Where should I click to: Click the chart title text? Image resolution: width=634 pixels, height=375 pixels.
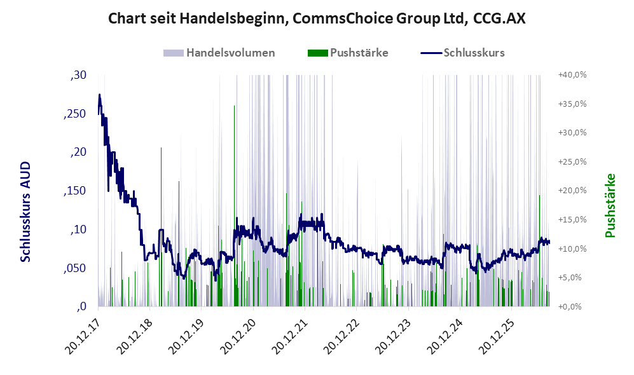[x=317, y=18]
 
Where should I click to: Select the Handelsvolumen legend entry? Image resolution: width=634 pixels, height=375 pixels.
[x=219, y=53]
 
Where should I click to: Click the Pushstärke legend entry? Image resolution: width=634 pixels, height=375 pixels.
[x=348, y=53]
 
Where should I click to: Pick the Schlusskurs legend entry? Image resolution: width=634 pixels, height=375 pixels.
[x=462, y=53]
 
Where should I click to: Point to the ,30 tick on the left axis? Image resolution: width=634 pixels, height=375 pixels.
[x=78, y=75]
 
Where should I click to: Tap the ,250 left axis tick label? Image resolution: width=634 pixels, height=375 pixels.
[x=75, y=114]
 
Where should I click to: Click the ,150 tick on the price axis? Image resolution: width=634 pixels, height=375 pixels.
[x=75, y=191]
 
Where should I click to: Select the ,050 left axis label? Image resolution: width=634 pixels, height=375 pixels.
[x=75, y=268]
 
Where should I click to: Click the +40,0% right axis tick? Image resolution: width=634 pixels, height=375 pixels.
[x=572, y=75]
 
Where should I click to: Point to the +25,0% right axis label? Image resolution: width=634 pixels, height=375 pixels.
[x=572, y=161]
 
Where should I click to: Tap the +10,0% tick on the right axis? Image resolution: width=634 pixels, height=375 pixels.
[x=572, y=249]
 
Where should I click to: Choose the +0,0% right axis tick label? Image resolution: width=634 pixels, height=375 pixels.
[x=570, y=307]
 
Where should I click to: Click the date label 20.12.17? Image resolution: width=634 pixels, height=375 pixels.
[x=83, y=337]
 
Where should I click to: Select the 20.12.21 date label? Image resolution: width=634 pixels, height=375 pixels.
[x=289, y=337]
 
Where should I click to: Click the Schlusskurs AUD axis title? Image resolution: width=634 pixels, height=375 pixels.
[x=25, y=212]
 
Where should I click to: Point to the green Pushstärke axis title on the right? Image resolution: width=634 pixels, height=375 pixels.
[x=610, y=206]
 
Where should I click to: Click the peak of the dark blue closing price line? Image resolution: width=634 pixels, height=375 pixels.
[x=99, y=95]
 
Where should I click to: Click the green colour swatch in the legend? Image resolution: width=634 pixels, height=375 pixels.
[x=317, y=53]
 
